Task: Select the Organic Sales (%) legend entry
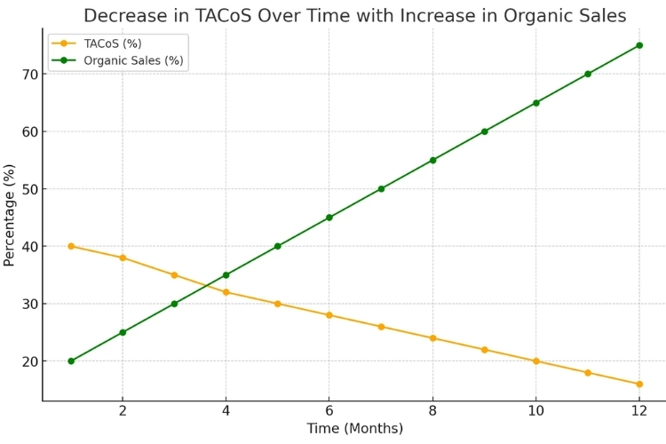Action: coord(139,60)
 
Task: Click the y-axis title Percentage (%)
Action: coord(10,215)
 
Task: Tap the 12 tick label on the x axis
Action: coord(638,412)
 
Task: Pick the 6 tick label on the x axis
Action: coord(329,412)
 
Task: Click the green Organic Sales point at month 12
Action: coord(638,45)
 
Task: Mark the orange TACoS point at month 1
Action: coord(71,246)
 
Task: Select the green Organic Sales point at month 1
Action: coord(71,361)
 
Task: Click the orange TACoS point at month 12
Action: coord(638,385)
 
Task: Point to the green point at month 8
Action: coord(432,160)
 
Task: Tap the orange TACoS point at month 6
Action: coord(329,315)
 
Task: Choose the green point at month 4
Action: coord(226,275)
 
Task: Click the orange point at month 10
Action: coord(535,361)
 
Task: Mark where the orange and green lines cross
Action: coord(207,285)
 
